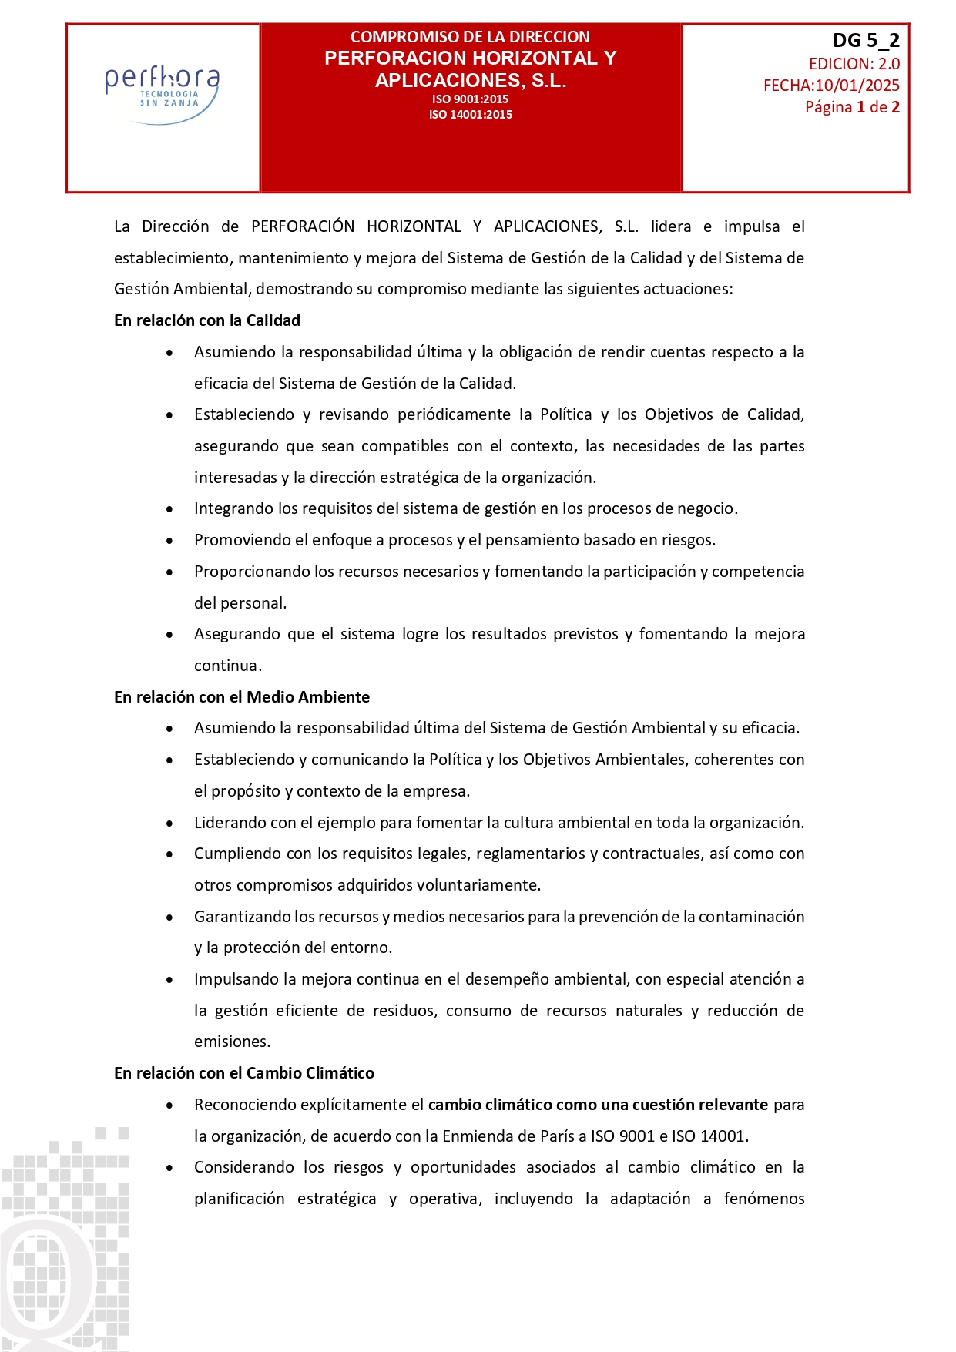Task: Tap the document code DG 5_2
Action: pyautogui.click(x=866, y=41)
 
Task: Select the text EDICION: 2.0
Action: pyautogui.click(x=854, y=64)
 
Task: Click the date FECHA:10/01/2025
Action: pyautogui.click(x=831, y=86)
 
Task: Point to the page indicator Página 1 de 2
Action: pyautogui.click(x=852, y=107)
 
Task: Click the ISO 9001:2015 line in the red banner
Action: pyautogui.click(x=470, y=99)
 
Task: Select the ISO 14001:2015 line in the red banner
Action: pyautogui.click(x=470, y=115)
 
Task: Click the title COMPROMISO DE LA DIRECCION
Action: pyautogui.click(x=470, y=37)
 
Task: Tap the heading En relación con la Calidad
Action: pyautogui.click(x=206, y=320)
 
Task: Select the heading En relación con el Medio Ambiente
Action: pyautogui.click(x=241, y=697)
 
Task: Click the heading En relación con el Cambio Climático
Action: pyautogui.click(x=243, y=1073)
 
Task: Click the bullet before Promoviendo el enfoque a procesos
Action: pyautogui.click(x=169, y=541)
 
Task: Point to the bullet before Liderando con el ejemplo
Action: pyautogui.click(x=169, y=824)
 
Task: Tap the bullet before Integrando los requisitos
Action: pyautogui.click(x=169, y=509)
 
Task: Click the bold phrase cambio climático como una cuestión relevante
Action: pyautogui.click(x=598, y=1105)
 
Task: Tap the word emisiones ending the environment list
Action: pyautogui.click(x=232, y=1042)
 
